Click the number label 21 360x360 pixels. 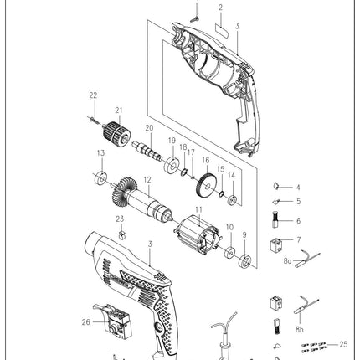click(119, 110)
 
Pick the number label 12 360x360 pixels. click(147, 179)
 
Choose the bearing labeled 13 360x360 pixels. click(100, 177)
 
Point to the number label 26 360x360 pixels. click(86, 321)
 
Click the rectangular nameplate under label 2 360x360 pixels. click(220, 27)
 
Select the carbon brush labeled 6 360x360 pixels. click(275, 221)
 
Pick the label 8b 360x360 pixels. click(299, 331)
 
